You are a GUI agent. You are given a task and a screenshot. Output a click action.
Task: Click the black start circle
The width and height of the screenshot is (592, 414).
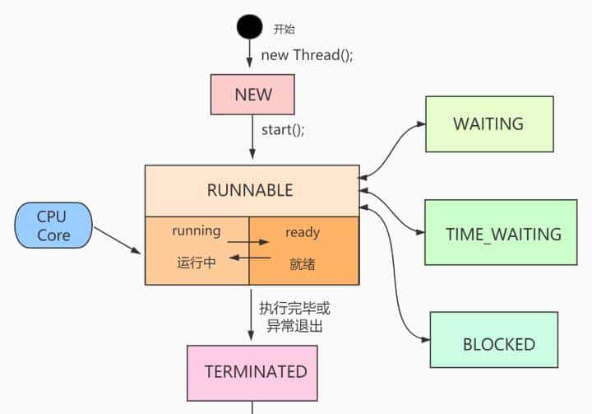[250, 27]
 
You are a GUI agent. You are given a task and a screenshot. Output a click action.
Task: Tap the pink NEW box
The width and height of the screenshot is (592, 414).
[252, 94]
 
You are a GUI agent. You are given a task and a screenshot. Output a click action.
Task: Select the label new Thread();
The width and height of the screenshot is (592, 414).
[308, 55]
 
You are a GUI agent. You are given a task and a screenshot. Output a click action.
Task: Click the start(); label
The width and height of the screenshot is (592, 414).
[283, 129]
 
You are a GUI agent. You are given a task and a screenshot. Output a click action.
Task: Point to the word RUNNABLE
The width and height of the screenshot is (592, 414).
[250, 190]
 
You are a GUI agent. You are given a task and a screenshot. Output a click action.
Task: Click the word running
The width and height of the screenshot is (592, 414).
[197, 231]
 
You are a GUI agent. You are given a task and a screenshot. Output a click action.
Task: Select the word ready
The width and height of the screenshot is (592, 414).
[303, 232]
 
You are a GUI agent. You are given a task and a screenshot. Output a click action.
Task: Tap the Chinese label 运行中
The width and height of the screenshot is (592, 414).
[197, 264]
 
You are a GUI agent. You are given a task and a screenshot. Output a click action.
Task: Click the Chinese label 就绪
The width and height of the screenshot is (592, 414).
[303, 264]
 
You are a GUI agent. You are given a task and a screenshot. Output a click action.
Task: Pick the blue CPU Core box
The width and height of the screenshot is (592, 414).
[53, 226]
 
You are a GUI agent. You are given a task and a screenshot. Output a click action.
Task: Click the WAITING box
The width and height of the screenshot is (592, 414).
[488, 124]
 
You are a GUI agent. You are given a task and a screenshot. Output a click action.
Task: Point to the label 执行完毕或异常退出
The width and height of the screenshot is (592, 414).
[294, 317]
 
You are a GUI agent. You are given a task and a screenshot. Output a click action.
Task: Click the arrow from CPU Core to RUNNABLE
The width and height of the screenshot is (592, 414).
[118, 240]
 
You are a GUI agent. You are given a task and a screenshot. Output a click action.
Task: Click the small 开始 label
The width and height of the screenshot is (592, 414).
[282, 28]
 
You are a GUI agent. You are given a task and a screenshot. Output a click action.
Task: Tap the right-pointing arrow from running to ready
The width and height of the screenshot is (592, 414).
[249, 243]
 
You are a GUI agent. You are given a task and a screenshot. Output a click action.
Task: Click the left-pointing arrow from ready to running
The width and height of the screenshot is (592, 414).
[249, 257]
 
